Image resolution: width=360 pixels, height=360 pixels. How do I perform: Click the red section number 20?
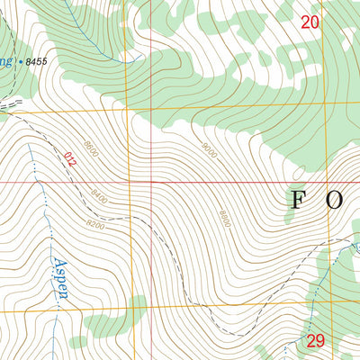[x=310, y=22]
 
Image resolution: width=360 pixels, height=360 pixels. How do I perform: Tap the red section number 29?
[x=314, y=340]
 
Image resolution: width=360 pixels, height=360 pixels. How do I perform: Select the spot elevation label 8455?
[x=38, y=61]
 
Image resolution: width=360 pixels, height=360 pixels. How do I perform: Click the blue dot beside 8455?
[x=21, y=60]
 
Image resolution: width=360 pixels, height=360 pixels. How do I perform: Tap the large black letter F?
[x=296, y=200]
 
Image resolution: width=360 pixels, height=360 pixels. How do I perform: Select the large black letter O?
[x=334, y=200]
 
